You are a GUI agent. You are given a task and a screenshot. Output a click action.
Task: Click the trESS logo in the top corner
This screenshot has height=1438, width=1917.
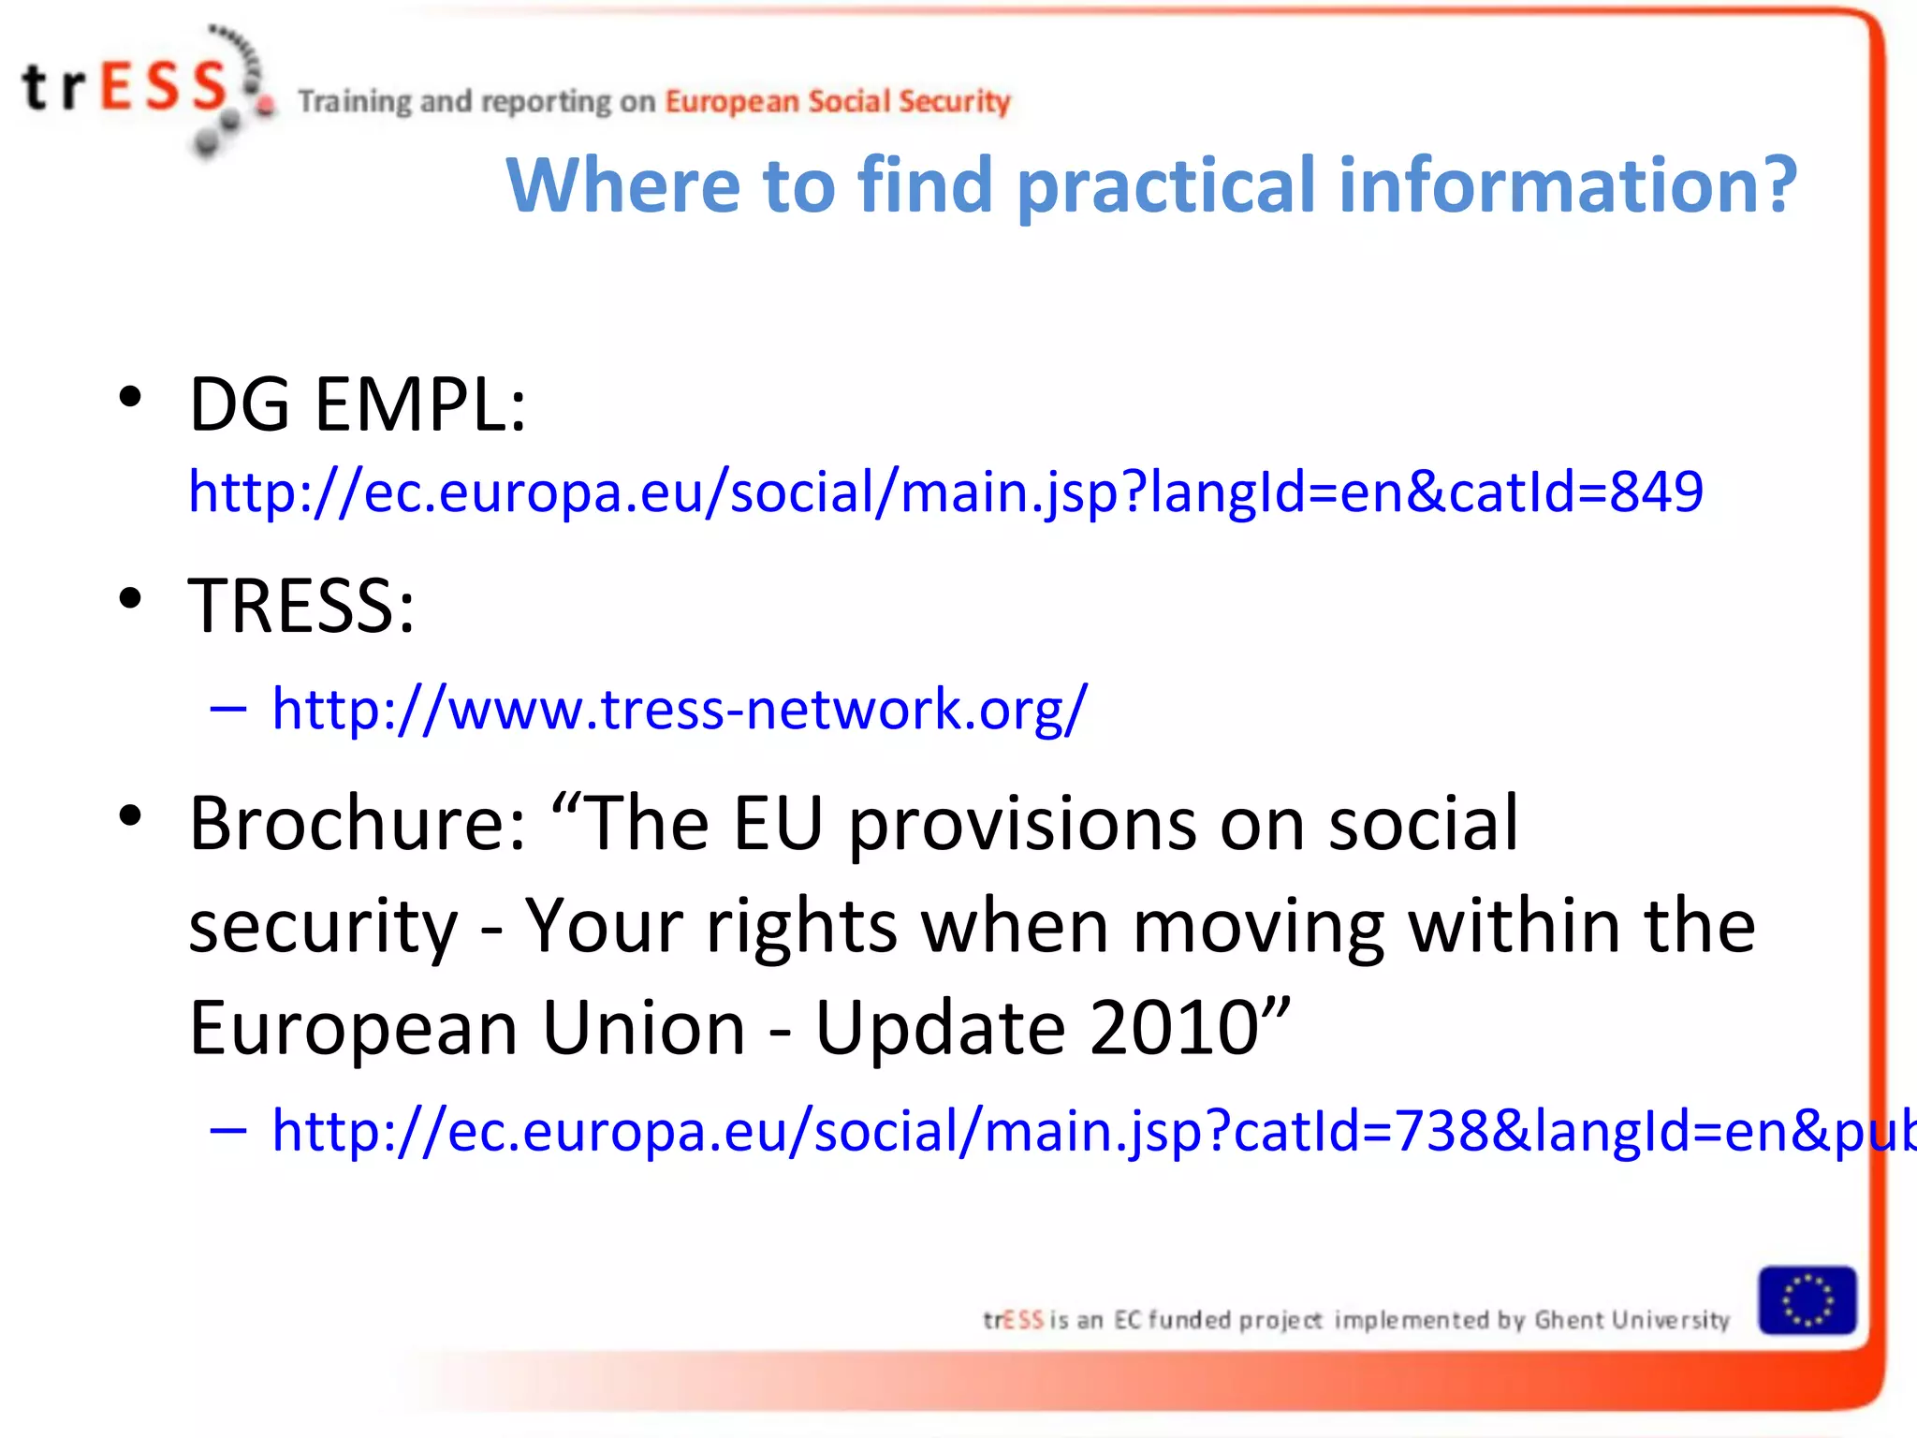(x=140, y=89)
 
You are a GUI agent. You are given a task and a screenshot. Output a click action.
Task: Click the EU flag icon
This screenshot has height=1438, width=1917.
(x=1807, y=1300)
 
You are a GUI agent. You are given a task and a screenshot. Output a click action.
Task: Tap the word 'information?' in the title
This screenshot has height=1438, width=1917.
(x=1568, y=185)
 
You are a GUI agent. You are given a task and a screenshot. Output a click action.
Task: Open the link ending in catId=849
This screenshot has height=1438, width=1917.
(x=945, y=492)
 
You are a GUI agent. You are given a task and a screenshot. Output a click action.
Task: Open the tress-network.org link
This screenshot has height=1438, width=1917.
(x=679, y=709)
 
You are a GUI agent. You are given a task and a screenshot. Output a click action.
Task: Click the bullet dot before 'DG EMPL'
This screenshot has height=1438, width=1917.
(x=130, y=397)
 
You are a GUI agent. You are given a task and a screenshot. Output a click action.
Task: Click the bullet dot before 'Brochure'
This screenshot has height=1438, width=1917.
(x=130, y=815)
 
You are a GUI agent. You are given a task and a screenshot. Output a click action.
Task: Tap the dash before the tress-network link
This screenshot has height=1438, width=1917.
(x=228, y=710)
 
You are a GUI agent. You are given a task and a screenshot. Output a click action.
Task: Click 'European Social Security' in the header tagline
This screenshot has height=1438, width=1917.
(x=838, y=101)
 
